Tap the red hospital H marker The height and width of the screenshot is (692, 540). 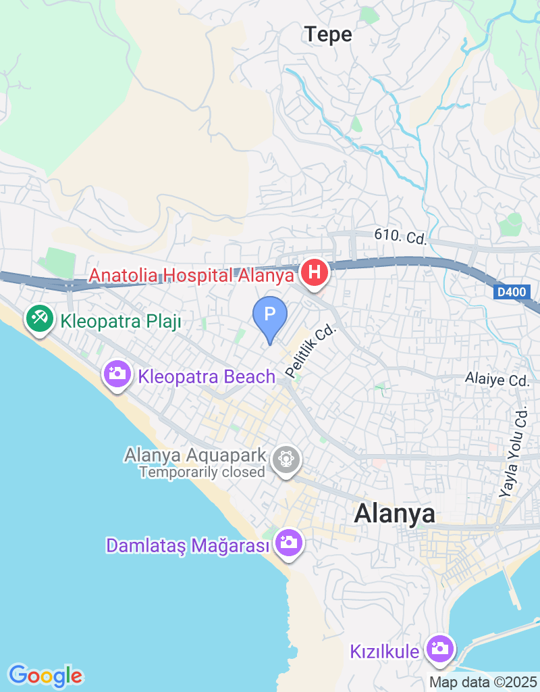(x=314, y=273)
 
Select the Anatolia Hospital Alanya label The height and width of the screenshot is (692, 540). (x=192, y=275)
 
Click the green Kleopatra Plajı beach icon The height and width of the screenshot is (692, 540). (x=40, y=318)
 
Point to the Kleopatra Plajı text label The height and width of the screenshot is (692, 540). (x=122, y=321)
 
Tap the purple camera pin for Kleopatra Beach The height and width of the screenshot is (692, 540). (x=117, y=373)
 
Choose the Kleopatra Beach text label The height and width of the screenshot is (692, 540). (x=207, y=376)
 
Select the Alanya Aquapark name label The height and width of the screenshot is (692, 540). (x=194, y=455)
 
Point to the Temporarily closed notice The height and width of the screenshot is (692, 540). (x=201, y=472)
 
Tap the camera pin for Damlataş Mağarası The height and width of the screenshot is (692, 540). (x=289, y=542)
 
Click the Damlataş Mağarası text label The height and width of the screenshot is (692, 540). (x=188, y=545)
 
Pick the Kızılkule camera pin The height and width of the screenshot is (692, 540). (x=440, y=649)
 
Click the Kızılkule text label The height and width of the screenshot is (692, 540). (x=385, y=651)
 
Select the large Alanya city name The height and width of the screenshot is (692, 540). (x=395, y=514)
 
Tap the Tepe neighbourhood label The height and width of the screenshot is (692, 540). (x=328, y=34)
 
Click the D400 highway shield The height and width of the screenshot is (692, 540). (x=511, y=293)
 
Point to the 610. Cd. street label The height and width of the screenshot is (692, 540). (x=400, y=237)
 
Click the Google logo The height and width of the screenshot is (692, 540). (x=45, y=675)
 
